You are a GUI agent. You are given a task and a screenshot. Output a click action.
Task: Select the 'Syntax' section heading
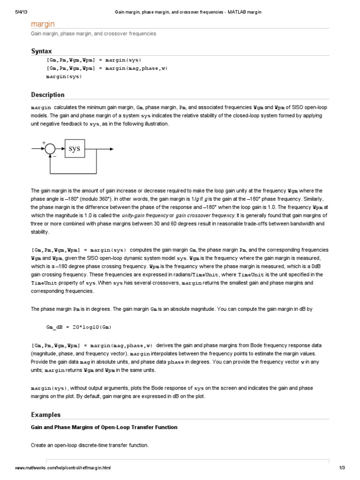click(41, 51)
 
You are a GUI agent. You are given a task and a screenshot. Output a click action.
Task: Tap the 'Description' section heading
click(48, 95)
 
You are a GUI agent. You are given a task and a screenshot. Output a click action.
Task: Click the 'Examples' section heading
click(45, 414)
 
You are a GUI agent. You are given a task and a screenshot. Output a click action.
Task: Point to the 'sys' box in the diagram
click(75, 149)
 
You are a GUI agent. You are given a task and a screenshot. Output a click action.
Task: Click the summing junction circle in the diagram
click(50, 150)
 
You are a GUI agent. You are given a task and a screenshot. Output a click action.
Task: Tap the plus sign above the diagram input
click(44, 142)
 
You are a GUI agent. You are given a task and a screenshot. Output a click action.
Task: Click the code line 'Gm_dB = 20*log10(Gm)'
click(79, 326)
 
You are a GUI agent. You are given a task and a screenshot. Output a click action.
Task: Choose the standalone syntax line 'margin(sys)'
click(64, 76)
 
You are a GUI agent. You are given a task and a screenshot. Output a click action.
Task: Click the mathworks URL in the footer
click(63, 468)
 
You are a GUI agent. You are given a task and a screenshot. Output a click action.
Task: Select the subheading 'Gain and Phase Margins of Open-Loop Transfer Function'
click(104, 427)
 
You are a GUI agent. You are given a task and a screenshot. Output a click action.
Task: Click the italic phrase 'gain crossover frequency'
click(205, 215)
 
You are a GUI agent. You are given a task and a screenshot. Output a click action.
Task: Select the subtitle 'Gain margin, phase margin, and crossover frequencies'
click(94, 34)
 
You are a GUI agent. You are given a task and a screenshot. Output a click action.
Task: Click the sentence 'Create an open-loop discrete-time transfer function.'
click(90, 445)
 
